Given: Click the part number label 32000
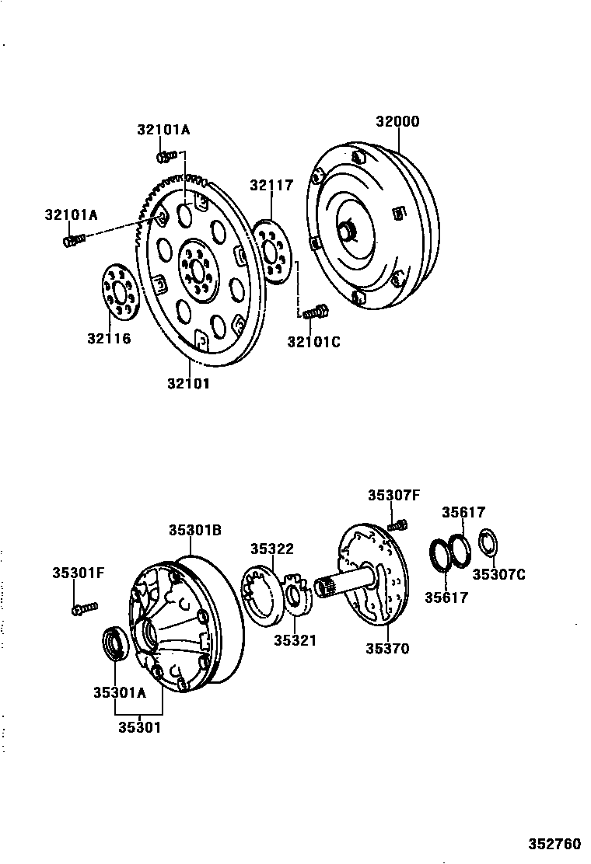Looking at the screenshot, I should tap(397, 122).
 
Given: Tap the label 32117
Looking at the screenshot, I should tap(271, 185).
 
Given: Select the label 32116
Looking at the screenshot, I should tap(109, 338).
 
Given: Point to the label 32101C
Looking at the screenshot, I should tap(313, 341).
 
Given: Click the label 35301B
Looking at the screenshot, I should tap(196, 530).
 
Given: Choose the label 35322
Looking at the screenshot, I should tap(271, 549).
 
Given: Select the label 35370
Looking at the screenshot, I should tap(387, 648).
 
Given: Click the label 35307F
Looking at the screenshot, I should tap(393, 494).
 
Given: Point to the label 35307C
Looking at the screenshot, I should tap(499, 574).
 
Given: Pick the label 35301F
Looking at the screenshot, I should tap(79, 573).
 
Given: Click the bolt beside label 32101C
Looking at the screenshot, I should tap(315, 313).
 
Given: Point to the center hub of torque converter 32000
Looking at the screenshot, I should tap(346, 231).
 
